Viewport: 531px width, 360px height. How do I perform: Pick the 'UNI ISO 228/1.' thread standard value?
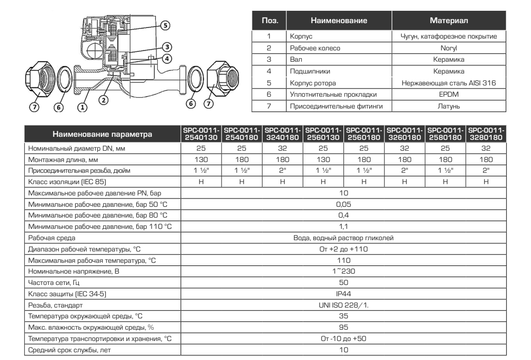click(344, 304)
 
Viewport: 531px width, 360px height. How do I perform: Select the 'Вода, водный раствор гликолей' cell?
click(344, 238)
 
